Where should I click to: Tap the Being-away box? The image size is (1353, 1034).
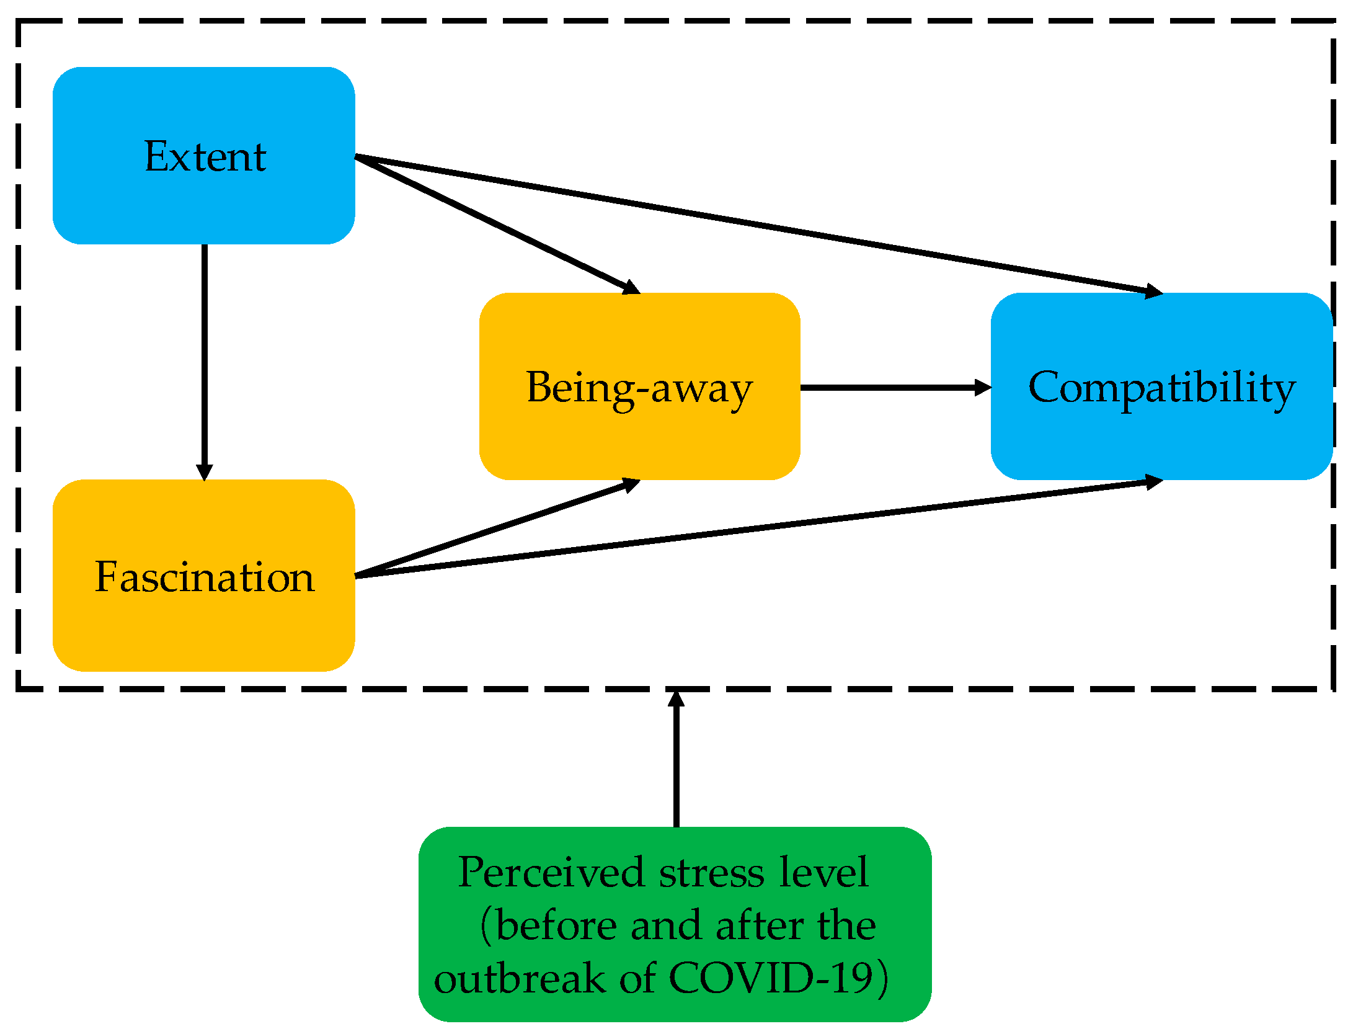point(639,434)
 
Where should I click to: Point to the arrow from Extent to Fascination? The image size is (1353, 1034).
point(204,360)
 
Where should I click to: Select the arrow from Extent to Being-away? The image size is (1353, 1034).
point(496,224)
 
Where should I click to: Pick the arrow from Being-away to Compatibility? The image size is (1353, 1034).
point(893,388)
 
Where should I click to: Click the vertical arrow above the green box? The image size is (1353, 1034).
point(676,763)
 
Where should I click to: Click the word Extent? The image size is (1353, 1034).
point(205,156)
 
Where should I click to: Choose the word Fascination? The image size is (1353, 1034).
point(204,577)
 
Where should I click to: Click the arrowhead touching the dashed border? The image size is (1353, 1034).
point(676,698)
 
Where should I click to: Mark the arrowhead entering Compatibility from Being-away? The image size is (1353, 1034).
point(982,388)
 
